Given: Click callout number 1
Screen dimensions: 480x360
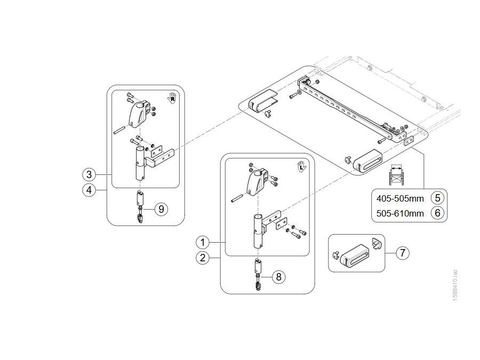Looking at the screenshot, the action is (202, 243).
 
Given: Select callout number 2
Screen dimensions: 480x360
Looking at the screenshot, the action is (202, 258).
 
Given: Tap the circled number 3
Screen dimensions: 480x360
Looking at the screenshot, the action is (89, 174).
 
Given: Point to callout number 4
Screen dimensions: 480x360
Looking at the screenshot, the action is (89, 190).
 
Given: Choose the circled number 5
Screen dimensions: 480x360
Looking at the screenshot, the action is (437, 198).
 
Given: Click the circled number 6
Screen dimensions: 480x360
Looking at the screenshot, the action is (437, 212).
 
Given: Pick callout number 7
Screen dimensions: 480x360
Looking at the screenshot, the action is (403, 253).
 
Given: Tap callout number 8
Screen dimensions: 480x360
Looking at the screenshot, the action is (278, 277).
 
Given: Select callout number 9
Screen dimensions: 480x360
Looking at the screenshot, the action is (161, 209).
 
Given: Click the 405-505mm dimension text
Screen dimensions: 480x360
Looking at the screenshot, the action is (400, 199).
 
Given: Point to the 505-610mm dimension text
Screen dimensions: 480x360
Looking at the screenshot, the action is (400, 213).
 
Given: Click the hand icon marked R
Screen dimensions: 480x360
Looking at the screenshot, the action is (172, 98).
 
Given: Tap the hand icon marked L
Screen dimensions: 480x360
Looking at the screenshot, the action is (302, 166).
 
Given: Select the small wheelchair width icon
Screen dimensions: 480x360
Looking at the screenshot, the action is (396, 175).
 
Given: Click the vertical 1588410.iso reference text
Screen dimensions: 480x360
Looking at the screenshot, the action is (455, 285).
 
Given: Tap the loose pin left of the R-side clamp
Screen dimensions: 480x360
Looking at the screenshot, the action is (118, 130).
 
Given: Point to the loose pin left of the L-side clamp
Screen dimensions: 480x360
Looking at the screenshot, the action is (236, 198).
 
